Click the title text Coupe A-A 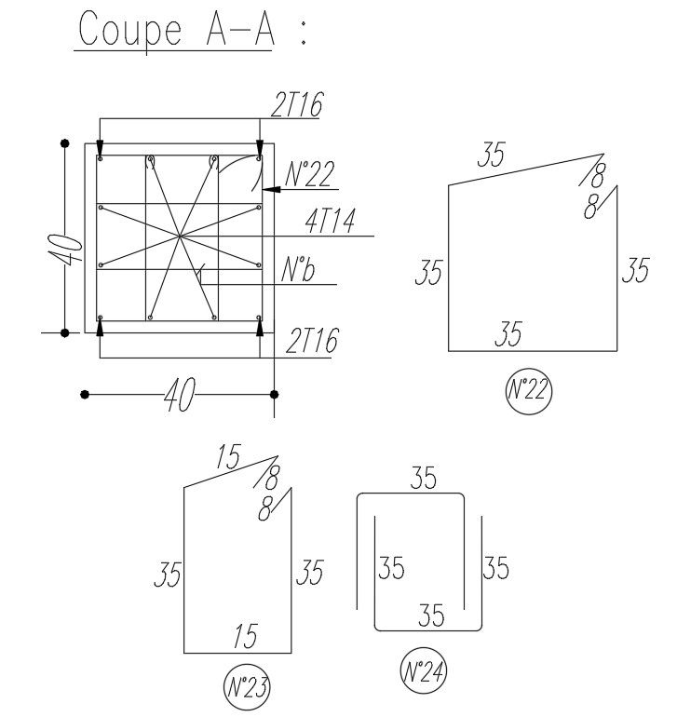point(177,31)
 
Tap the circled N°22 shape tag point(528,391)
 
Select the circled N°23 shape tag point(248,688)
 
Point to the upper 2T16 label point(297,107)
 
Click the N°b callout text point(298,271)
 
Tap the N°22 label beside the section point(308,174)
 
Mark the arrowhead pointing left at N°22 point(269,189)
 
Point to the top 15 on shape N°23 point(227,457)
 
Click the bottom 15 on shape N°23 point(244,637)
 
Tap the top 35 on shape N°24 point(423,480)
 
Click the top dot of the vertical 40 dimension point(64,142)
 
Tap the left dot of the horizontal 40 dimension point(85,395)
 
